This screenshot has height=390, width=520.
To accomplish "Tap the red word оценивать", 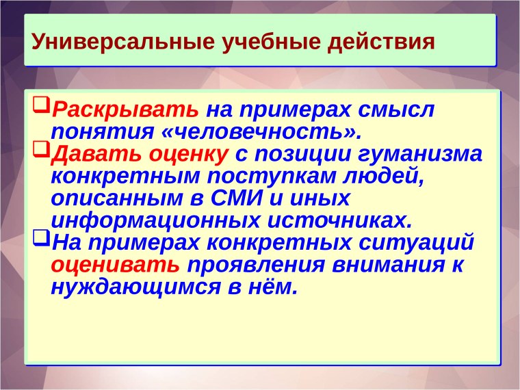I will point(115,264).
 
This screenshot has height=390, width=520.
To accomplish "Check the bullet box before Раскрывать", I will point(42,106).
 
